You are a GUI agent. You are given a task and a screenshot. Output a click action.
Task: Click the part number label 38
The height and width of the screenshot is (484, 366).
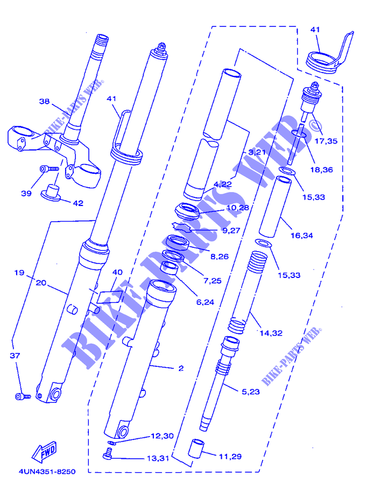(44, 101)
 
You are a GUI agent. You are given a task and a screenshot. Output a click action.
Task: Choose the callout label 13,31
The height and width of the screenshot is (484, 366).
(159, 458)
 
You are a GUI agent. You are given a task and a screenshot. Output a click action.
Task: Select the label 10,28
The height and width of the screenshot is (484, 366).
(237, 208)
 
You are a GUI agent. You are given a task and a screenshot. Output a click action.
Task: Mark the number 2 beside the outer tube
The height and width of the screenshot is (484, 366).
(181, 368)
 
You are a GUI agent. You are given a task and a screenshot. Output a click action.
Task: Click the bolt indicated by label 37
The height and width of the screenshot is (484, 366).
(20, 397)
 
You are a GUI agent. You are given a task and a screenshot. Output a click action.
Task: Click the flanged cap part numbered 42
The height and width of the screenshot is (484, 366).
(51, 191)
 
